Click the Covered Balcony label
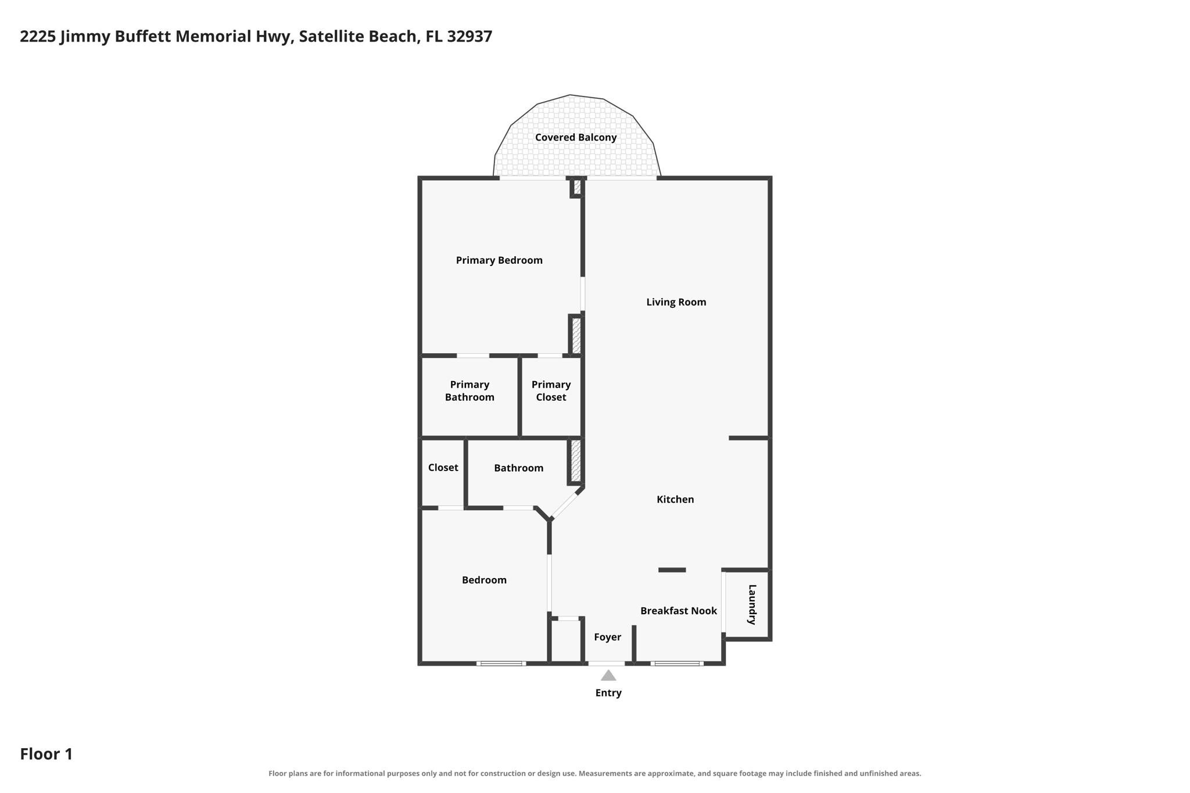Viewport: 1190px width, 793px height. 575,138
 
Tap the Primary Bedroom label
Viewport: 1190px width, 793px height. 499,260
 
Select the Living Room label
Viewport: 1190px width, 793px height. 676,302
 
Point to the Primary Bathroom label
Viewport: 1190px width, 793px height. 469,391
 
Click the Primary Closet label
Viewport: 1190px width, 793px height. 551,391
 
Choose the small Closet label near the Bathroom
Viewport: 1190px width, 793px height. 443,468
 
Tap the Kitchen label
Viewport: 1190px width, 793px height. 675,500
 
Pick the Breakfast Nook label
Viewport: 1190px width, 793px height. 679,611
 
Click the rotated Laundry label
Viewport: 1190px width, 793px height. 752,605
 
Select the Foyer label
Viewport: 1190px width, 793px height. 608,637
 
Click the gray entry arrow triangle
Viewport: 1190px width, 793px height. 608,676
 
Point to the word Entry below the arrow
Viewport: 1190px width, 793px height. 608,693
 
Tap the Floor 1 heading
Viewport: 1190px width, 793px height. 46,754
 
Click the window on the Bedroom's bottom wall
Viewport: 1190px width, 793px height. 501,663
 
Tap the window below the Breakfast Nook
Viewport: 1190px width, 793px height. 677,663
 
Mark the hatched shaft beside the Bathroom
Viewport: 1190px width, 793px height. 576,461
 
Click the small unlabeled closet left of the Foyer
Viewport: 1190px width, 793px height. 566,641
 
